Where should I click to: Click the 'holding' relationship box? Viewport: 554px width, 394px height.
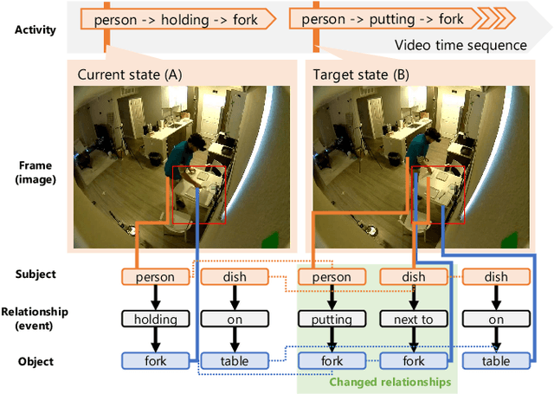[156, 319]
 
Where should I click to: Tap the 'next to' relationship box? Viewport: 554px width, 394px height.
[414, 319]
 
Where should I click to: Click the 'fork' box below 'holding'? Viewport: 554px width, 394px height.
[156, 360]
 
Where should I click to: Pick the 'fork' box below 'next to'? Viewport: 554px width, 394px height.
[414, 360]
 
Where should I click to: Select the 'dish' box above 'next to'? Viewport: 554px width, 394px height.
[414, 277]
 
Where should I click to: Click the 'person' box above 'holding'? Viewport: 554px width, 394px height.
[156, 277]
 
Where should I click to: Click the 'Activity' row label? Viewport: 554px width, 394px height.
[35, 30]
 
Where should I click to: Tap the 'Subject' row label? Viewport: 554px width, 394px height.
[35, 275]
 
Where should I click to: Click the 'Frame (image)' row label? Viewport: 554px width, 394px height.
[35, 172]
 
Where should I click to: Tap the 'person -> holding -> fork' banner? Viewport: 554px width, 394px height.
[177, 18]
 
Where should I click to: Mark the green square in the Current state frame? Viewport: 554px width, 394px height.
[269, 240]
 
